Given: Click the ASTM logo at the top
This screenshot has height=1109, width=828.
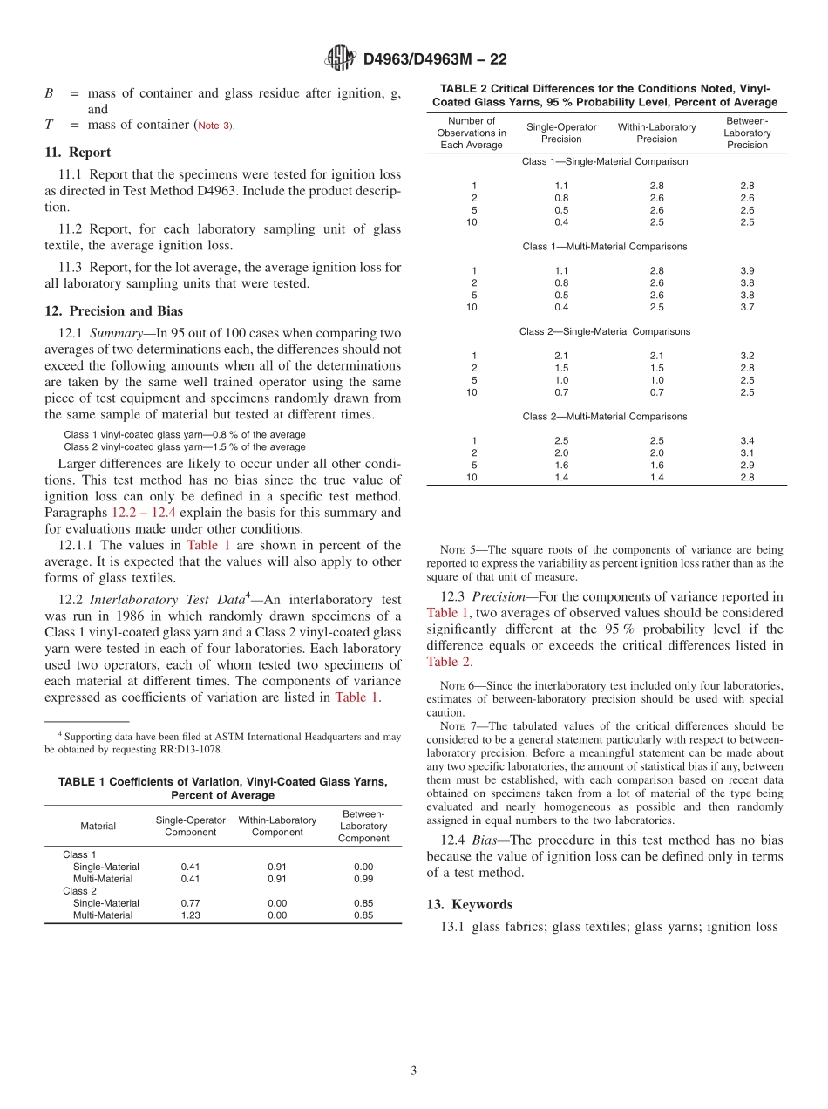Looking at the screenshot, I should pyautogui.click(x=339, y=58).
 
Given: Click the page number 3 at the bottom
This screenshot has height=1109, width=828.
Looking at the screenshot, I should pyautogui.click(x=414, y=1071).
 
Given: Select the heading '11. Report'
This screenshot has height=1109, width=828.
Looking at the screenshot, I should pyautogui.click(x=78, y=152).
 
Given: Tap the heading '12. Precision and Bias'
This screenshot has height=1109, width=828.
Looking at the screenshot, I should pyautogui.click(x=113, y=310).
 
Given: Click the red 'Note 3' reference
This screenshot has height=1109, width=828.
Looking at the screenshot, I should pyautogui.click(x=214, y=126).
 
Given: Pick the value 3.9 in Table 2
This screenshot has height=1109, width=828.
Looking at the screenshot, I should pyautogui.click(x=746, y=270).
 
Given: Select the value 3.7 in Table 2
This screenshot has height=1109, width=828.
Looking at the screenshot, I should pyautogui.click(x=746, y=307).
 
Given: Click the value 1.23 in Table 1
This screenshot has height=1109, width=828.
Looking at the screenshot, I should pyautogui.click(x=190, y=915).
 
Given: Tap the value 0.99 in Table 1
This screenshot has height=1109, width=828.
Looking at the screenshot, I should pyautogui.click(x=363, y=879).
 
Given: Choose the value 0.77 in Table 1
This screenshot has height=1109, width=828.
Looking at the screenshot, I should pyautogui.click(x=190, y=903).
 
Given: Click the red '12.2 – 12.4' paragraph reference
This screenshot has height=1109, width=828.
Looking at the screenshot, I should pyautogui.click(x=144, y=512).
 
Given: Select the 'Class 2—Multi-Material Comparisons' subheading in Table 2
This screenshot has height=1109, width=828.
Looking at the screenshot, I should pyautogui.click(x=605, y=417).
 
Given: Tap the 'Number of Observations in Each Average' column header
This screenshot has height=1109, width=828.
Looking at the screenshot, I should pyautogui.click(x=472, y=133).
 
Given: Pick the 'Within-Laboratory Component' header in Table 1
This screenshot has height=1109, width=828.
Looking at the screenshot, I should pyautogui.click(x=277, y=827).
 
